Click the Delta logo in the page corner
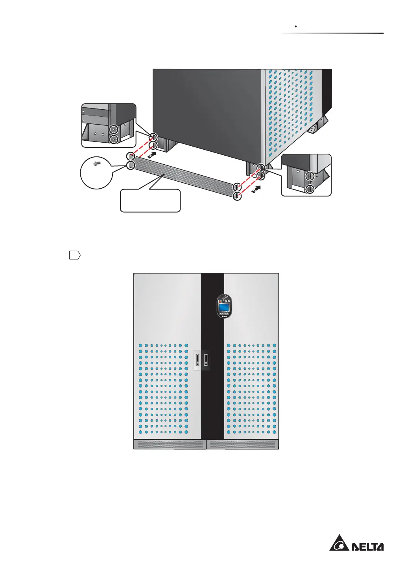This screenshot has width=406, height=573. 356,543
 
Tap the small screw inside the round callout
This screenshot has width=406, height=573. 97,163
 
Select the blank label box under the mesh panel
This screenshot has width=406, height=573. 150,201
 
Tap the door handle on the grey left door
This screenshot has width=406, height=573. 197,360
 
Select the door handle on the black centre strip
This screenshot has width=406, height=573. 206,360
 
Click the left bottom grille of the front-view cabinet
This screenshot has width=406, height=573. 170,444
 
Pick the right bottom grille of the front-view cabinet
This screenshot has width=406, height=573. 243,444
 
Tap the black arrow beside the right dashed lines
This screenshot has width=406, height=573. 256,189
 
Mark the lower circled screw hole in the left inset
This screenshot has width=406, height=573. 114,139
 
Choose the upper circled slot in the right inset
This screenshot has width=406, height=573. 310,176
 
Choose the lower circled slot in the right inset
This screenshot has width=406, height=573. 310,189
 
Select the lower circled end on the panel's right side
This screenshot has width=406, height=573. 237,196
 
